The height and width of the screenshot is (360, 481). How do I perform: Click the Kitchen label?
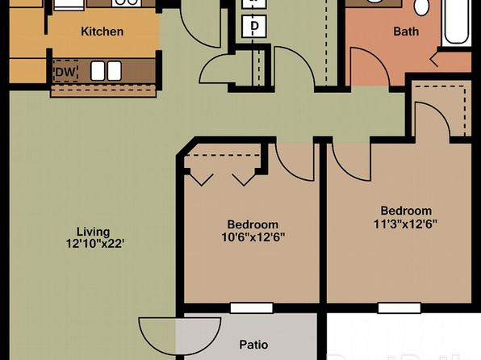pos(102,31)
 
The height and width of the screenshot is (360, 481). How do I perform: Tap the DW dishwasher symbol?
pos(65,72)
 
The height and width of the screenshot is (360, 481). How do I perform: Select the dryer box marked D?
pos(254,27)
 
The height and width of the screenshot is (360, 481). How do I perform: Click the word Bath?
pos(406,31)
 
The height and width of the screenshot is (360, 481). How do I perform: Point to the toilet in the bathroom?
pos(422,6)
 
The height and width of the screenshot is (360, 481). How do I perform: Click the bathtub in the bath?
pos(457,22)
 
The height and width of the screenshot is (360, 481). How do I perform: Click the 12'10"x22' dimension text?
pos(95,244)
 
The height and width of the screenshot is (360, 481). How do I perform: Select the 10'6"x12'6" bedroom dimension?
pos(253,237)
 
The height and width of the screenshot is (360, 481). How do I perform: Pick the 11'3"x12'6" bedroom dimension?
pos(405,224)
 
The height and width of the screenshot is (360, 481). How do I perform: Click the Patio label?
pos(253,345)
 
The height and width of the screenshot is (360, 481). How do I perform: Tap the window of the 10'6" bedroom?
pos(252,308)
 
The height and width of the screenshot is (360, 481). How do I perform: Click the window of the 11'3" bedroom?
pos(399,308)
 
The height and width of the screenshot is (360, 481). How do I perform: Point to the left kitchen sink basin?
pos(98,71)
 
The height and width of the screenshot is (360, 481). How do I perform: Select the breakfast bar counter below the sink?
pos(103,91)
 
